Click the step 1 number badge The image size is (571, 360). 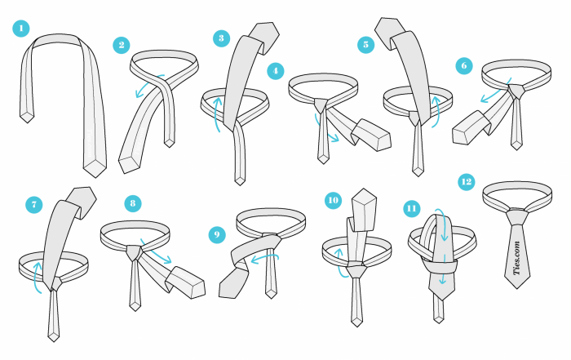click(x=21, y=29)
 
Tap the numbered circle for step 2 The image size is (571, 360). click(x=122, y=45)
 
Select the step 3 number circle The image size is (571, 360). click(x=221, y=38)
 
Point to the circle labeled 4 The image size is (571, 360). click(x=276, y=71)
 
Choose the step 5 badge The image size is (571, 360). click(x=366, y=45)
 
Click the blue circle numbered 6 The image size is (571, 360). click(x=464, y=66)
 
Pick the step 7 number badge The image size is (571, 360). click(x=34, y=205)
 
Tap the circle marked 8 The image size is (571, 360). click(x=132, y=203)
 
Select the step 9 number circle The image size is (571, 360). click(x=217, y=234)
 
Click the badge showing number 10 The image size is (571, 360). click(x=333, y=200)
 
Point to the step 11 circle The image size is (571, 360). click(x=411, y=209)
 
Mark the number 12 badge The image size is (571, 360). click(x=467, y=182)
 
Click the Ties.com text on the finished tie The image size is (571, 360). click(x=517, y=258)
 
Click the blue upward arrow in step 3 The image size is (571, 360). click(x=216, y=113)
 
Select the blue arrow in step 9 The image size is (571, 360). click(x=265, y=257)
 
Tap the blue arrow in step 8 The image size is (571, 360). click(x=155, y=251)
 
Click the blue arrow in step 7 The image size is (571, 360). click(x=36, y=277)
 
